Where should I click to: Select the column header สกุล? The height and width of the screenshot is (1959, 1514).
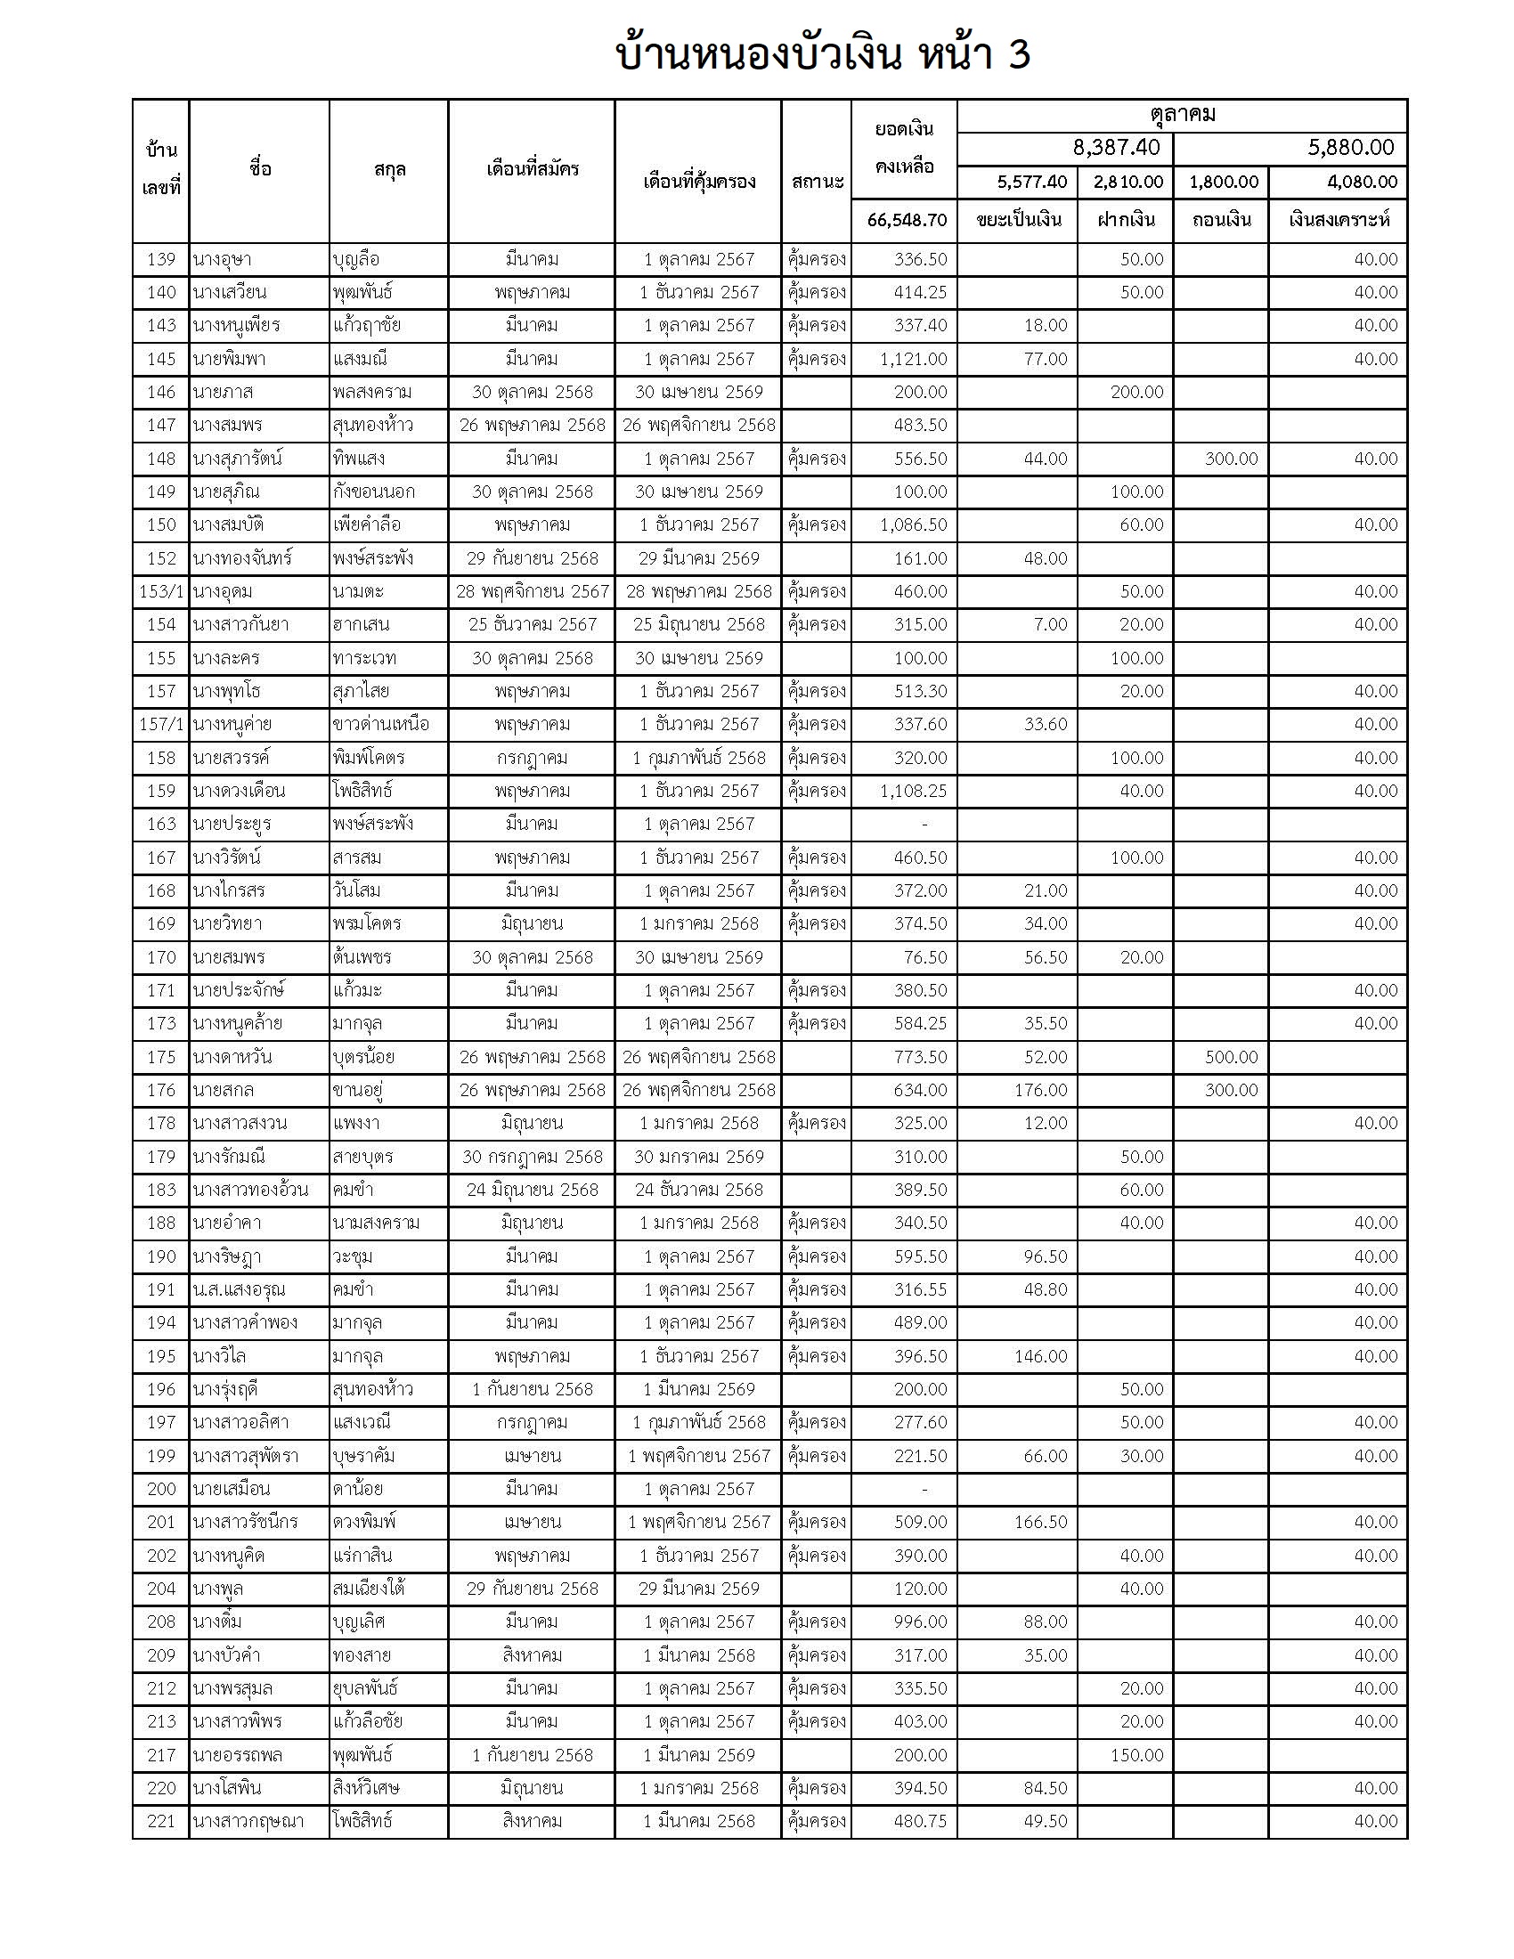click(x=389, y=169)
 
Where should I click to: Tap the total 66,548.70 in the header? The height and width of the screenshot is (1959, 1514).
click(x=907, y=221)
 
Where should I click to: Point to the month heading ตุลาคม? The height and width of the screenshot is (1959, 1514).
click(x=1182, y=115)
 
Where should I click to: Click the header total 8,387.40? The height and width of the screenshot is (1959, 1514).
click(x=1116, y=148)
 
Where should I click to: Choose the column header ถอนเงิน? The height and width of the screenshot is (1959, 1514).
click(x=1221, y=221)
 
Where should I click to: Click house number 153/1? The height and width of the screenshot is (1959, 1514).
click(x=161, y=592)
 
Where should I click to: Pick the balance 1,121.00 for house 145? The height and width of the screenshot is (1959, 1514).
click(x=913, y=360)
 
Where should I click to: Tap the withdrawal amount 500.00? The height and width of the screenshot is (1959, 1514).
click(x=1231, y=1058)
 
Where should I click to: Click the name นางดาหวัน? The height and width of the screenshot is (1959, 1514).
click(x=232, y=1058)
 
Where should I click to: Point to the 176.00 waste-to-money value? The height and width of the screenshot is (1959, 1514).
click(x=1040, y=1091)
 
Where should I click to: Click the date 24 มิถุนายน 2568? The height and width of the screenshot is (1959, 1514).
click(x=532, y=1191)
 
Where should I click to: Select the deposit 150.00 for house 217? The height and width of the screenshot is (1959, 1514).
click(x=1136, y=1755)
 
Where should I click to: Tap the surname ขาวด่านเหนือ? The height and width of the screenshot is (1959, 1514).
click(x=380, y=725)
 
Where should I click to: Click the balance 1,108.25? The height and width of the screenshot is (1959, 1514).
click(x=913, y=791)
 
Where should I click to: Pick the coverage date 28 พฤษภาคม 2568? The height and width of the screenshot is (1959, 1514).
click(x=699, y=592)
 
